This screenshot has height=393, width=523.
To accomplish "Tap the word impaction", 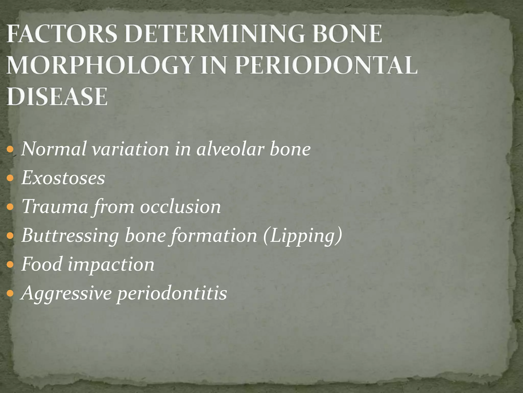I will (111, 264).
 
